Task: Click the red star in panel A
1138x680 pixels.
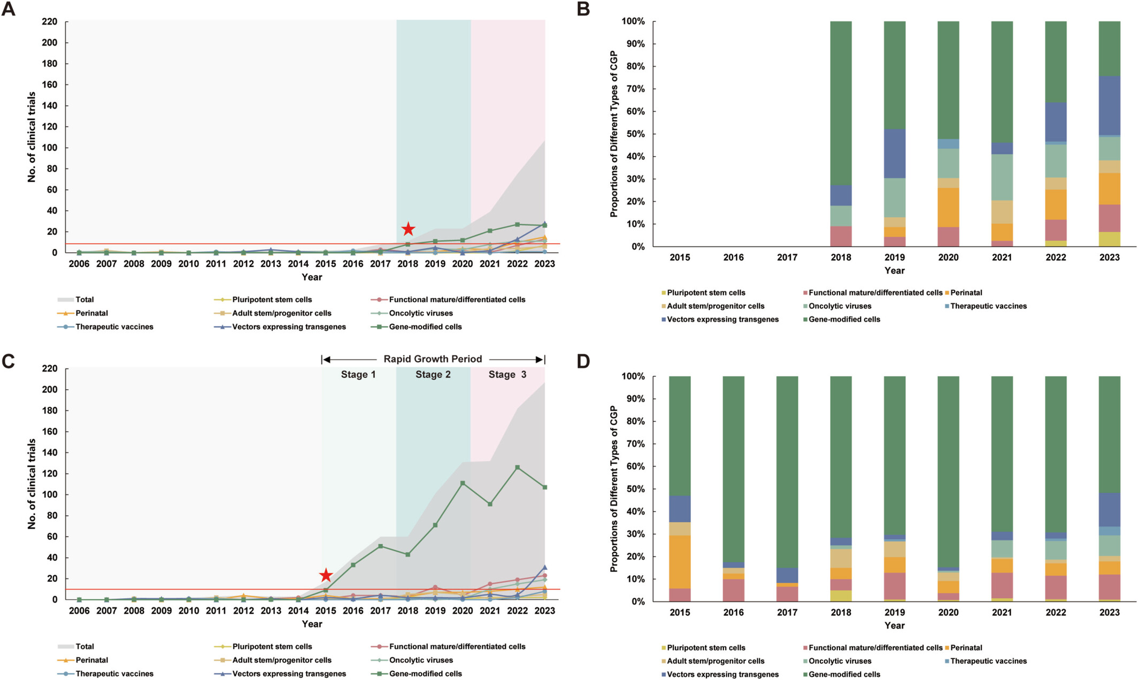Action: click(408, 229)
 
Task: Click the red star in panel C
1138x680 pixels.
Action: click(326, 576)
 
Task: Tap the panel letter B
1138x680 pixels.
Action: click(583, 9)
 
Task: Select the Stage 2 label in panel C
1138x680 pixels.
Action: click(433, 375)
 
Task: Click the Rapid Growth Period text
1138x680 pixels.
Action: click(433, 359)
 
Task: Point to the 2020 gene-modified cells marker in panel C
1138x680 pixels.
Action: click(463, 483)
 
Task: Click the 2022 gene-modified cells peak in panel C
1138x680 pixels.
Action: click(517, 467)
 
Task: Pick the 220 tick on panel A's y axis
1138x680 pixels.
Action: click(49, 22)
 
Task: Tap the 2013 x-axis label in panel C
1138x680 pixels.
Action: click(271, 611)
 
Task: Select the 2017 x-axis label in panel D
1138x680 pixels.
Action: click(787, 613)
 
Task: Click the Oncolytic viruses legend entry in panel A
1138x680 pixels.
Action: click(420, 313)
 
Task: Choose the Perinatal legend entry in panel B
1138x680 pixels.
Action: click(966, 293)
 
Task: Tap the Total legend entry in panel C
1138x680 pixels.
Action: click(84, 647)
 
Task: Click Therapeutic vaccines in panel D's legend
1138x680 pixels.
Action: click(988, 661)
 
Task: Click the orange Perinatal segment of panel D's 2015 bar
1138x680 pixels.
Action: click(680, 562)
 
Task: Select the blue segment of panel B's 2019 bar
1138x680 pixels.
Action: click(894, 153)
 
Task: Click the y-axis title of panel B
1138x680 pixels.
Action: click(614, 134)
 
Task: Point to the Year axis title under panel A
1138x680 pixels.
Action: click(312, 277)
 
